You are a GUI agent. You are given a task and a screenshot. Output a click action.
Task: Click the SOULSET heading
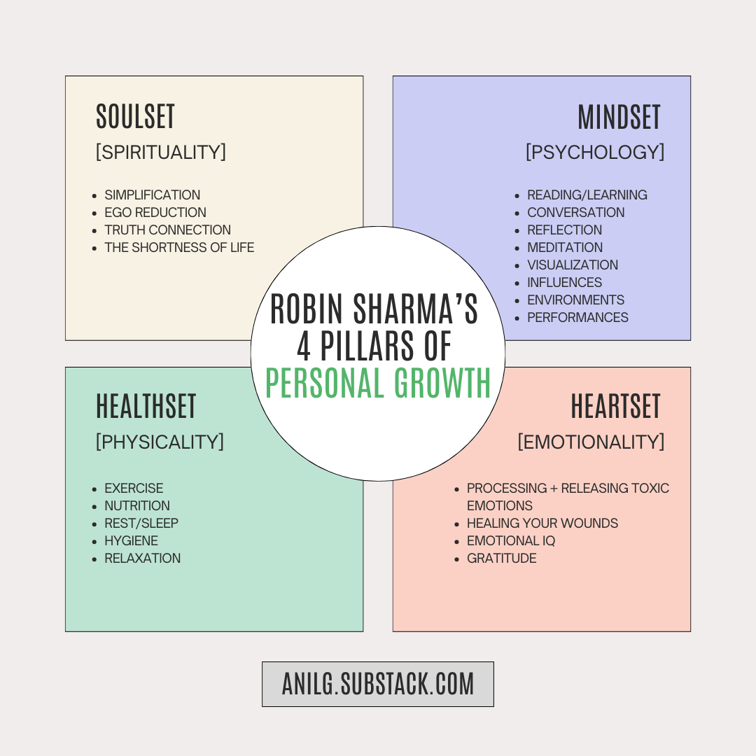[x=135, y=117]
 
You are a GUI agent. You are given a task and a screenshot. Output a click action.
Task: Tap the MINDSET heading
[x=619, y=117]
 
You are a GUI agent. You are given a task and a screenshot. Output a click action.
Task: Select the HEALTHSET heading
[x=146, y=407]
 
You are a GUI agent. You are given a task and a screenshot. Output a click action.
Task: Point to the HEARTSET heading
[x=615, y=407]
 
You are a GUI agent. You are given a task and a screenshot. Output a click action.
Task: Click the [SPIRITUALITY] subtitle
[x=160, y=152]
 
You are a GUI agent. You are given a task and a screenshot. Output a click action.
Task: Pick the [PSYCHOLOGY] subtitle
[x=594, y=152]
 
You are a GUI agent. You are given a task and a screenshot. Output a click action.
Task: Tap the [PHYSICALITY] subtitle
[x=160, y=442]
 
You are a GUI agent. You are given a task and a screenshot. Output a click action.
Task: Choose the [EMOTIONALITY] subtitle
[x=590, y=442]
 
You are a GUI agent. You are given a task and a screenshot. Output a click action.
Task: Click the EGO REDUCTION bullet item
[x=155, y=212]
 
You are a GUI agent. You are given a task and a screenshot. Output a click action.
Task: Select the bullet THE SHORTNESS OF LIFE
[x=179, y=247]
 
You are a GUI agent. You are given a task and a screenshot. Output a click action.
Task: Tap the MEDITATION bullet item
[x=564, y=247]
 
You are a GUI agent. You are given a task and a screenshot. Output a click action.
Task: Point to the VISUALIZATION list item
[x=572, y=265]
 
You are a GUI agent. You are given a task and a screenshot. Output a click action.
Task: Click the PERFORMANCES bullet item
[x=577, y=317]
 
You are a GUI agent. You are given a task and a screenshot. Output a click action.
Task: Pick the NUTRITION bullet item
[x=137, y=505]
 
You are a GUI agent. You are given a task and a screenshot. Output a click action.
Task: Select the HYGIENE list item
[x=131, y=540]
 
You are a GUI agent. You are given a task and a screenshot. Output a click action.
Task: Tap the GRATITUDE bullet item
[x=501, y=558]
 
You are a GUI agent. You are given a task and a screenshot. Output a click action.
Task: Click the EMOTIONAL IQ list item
[x=511, y=540]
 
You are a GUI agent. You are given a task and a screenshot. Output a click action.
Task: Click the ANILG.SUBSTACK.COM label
[x=378, y=684]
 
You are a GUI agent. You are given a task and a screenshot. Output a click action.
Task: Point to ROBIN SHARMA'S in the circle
[x=374, y=309]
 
